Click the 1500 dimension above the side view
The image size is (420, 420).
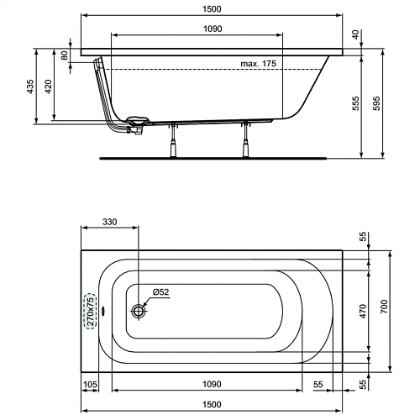point(212,9)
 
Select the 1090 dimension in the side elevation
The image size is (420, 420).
point(213,29)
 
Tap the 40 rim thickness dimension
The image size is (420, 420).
point(355,34)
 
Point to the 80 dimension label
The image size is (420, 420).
point(65,55)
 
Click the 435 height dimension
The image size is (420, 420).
point(30,87)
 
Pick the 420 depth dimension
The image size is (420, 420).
point(48,87)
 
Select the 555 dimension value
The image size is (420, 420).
point(355,103)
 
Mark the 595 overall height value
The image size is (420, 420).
point(377,103)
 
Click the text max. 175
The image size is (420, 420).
point(258,64)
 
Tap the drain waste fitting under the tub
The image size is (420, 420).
point(137,125)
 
